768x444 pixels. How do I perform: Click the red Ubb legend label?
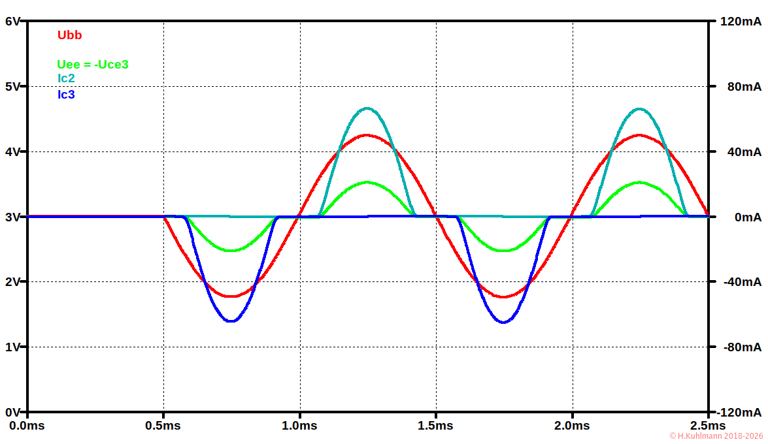69,35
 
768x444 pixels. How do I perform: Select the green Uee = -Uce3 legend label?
92,64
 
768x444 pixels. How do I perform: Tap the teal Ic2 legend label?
66,78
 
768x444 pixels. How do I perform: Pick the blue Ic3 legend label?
66,94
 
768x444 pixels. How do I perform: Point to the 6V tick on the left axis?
13,21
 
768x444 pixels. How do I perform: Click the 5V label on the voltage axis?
13,86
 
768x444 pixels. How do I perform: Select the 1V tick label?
13,347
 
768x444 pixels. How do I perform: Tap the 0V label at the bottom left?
13,412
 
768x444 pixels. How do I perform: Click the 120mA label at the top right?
740,21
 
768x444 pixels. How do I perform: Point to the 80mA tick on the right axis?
743,86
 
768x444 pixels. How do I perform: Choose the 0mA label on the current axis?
747,217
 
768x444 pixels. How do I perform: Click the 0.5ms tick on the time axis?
163,426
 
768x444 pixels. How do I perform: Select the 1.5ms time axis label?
435,426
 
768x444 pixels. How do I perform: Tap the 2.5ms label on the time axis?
708,426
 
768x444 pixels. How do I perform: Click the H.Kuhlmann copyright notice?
716,436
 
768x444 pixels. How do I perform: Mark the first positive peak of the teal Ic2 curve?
367,108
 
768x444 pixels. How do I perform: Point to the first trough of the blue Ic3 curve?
231,321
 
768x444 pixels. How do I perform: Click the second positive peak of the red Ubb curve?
639,135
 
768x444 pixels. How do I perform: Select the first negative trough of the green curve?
231,250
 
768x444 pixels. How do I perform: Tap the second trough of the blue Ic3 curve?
504,321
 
